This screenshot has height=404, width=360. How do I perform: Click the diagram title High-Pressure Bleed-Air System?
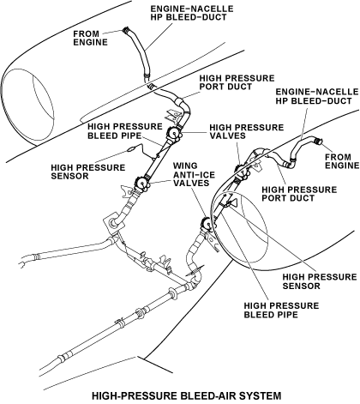pos(187,395)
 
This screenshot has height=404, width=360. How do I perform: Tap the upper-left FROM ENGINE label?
pos(90,38)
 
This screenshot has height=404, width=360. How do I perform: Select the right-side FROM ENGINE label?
pos(342,161)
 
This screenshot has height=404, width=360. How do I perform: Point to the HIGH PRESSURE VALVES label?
pos(247,131)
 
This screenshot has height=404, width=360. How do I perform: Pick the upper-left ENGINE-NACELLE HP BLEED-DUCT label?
pos(192,13)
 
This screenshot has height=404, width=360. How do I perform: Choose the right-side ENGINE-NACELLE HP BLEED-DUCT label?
pos(316,96)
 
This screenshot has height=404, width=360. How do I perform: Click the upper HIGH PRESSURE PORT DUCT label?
pos(237,82)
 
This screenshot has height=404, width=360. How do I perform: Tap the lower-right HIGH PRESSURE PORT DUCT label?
pos(299,194)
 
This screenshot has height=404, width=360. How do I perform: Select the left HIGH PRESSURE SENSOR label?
pos(88,172)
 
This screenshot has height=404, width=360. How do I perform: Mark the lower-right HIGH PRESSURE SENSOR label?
pos(320,281)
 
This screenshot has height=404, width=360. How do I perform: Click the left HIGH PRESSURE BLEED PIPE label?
pos(125,131)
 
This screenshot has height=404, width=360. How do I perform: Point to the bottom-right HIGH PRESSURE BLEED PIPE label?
pos(281,310)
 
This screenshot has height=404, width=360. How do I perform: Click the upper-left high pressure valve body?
pos(175,134)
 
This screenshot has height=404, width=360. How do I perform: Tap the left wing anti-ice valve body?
pos(141,183)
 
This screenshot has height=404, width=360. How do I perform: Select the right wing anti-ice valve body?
pos(207,224)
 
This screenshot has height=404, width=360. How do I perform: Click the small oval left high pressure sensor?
pos(131,148)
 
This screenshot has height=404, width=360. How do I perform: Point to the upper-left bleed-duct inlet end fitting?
pos(126,30)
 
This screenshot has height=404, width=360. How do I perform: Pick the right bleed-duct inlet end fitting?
pos(317,141)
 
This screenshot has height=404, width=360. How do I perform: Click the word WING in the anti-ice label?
pos(185,166)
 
